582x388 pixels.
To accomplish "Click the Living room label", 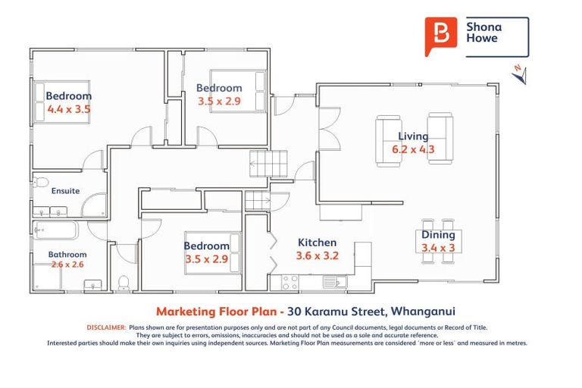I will point(413,136).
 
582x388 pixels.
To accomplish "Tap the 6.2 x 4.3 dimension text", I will point(413,149).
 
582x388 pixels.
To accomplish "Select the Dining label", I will point(439,235).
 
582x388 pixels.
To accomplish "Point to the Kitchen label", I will point(317,242).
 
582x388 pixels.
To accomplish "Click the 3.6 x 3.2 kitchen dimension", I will point(317,255).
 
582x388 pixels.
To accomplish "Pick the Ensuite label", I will point(65,191).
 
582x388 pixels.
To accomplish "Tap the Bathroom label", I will point(67,255).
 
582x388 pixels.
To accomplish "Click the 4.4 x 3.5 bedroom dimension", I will point(68,109).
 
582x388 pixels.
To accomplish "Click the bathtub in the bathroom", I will point(56,230).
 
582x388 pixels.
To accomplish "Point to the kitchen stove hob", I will point(290,283).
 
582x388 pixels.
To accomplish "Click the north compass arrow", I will point(518,74).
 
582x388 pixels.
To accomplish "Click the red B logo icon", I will point(441,36).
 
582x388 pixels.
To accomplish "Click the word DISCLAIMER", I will point(105,327).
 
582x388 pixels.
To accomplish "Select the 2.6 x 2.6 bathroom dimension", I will point(67,264).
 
